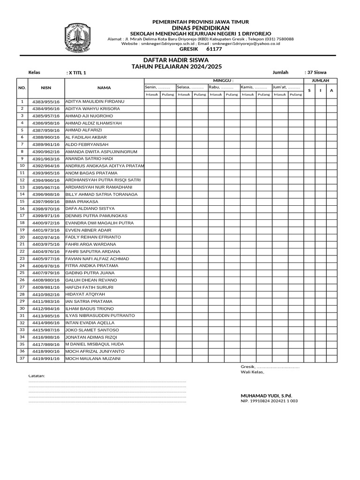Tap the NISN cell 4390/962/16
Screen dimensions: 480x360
[x=45, y=152]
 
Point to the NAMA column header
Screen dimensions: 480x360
[x=104, y=88]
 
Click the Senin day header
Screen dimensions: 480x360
[x=157, y=87]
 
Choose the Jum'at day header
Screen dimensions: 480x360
[x=286, y=87]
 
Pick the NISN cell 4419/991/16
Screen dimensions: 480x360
[x=45, y=359]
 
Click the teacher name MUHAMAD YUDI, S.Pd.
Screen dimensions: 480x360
[x=266, y=396]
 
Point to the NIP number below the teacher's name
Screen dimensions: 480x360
[x=269, y=401]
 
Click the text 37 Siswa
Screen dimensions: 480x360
[x=315, y=73]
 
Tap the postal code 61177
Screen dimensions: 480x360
[x=214, y=49]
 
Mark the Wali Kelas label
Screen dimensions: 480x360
[x=252, y=372]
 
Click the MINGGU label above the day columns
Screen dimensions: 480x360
[x=223, y=81]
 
